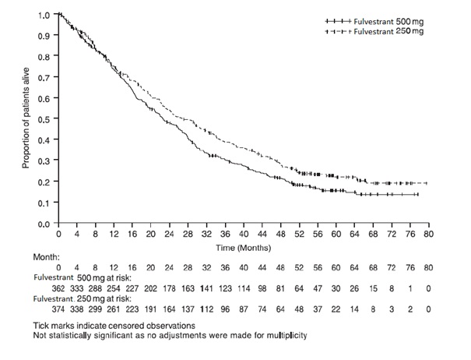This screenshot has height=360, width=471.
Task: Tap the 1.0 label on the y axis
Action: pyautogui.click(x=44, y=15)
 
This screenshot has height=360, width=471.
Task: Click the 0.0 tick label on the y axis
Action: pyautogui.click(x=44, y=224)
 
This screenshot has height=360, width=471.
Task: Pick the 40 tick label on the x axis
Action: pyautogui.click(x=244, y=234)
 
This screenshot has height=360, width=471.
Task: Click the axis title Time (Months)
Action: pyautogui.click(x=243, y=246)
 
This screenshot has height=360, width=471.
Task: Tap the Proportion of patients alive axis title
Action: pyautogui.click(x=26, y=118)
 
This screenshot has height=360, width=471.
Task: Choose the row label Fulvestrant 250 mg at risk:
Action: pyautogui.click(x=88, y=298)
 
